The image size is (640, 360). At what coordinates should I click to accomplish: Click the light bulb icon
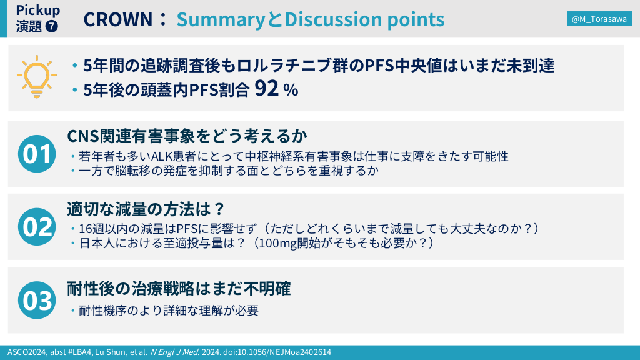(x=37, y=76)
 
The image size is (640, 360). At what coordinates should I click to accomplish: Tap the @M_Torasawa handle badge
(x=599, y=19)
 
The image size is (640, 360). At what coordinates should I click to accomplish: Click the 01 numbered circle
(x=37, y=154)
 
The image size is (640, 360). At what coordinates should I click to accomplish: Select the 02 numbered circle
(x=37, y=227)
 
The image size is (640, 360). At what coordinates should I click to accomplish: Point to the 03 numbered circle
(x=37, y=300)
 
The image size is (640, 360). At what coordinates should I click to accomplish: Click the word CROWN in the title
(x=118, y=19)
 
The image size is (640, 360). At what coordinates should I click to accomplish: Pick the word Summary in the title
(x=221, y=19)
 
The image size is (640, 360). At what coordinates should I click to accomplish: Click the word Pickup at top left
(x=38, y=10)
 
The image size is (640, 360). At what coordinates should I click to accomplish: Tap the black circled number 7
(x=51, y=26)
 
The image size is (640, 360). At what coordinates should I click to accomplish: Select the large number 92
(x=266, y=87)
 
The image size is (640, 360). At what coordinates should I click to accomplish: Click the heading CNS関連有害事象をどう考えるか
(x=187, y=136)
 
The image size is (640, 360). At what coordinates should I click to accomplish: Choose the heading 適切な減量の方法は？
(x=146, y=209)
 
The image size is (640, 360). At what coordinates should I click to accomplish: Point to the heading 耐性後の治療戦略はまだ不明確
(x=179, y=289)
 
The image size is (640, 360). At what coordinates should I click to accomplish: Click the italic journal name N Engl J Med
(x=175, y=352)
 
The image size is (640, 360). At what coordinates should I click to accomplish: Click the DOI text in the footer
(x=277, y=352)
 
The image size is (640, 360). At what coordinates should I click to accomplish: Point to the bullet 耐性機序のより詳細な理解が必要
(x=169, y=311)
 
